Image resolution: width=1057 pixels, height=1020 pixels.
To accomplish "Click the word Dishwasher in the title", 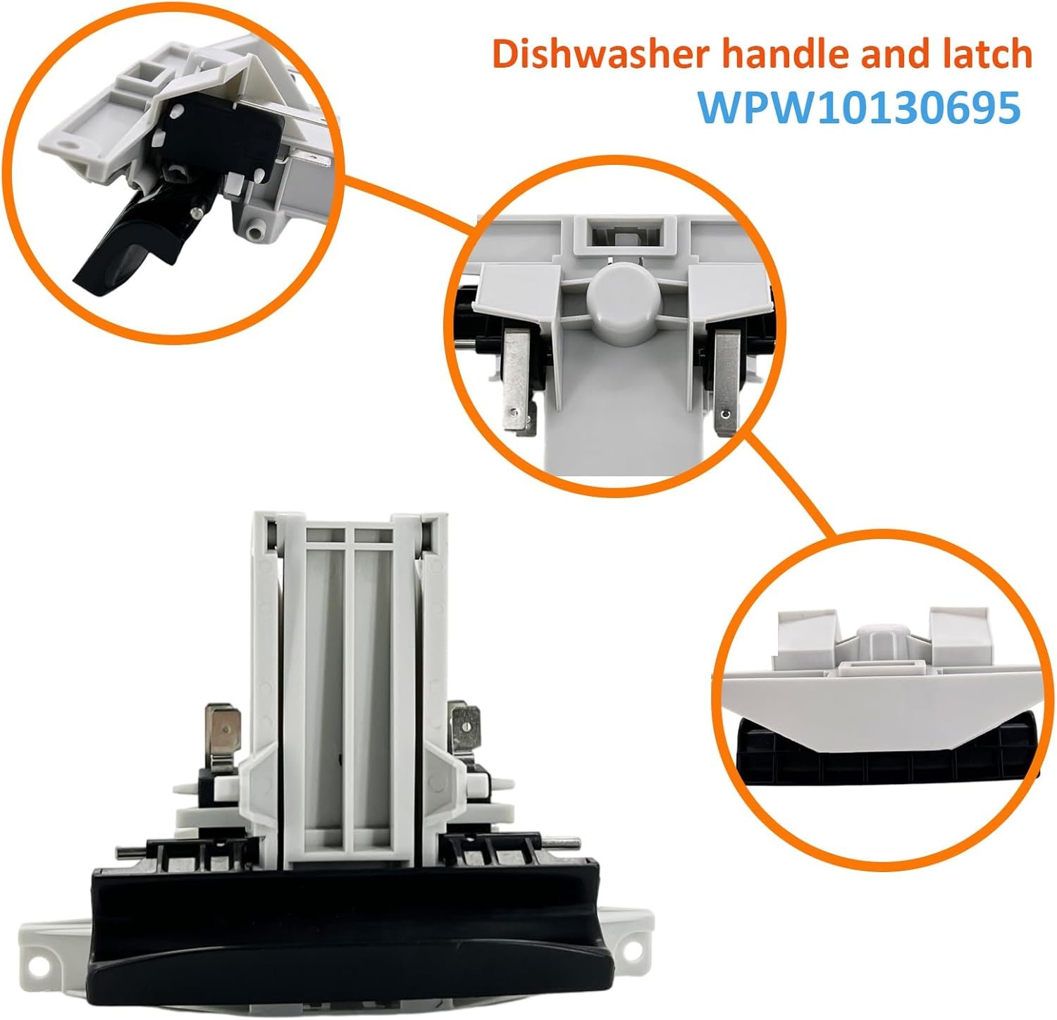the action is pos(598,55).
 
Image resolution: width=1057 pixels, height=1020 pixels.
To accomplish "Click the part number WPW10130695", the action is pos(858,108).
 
